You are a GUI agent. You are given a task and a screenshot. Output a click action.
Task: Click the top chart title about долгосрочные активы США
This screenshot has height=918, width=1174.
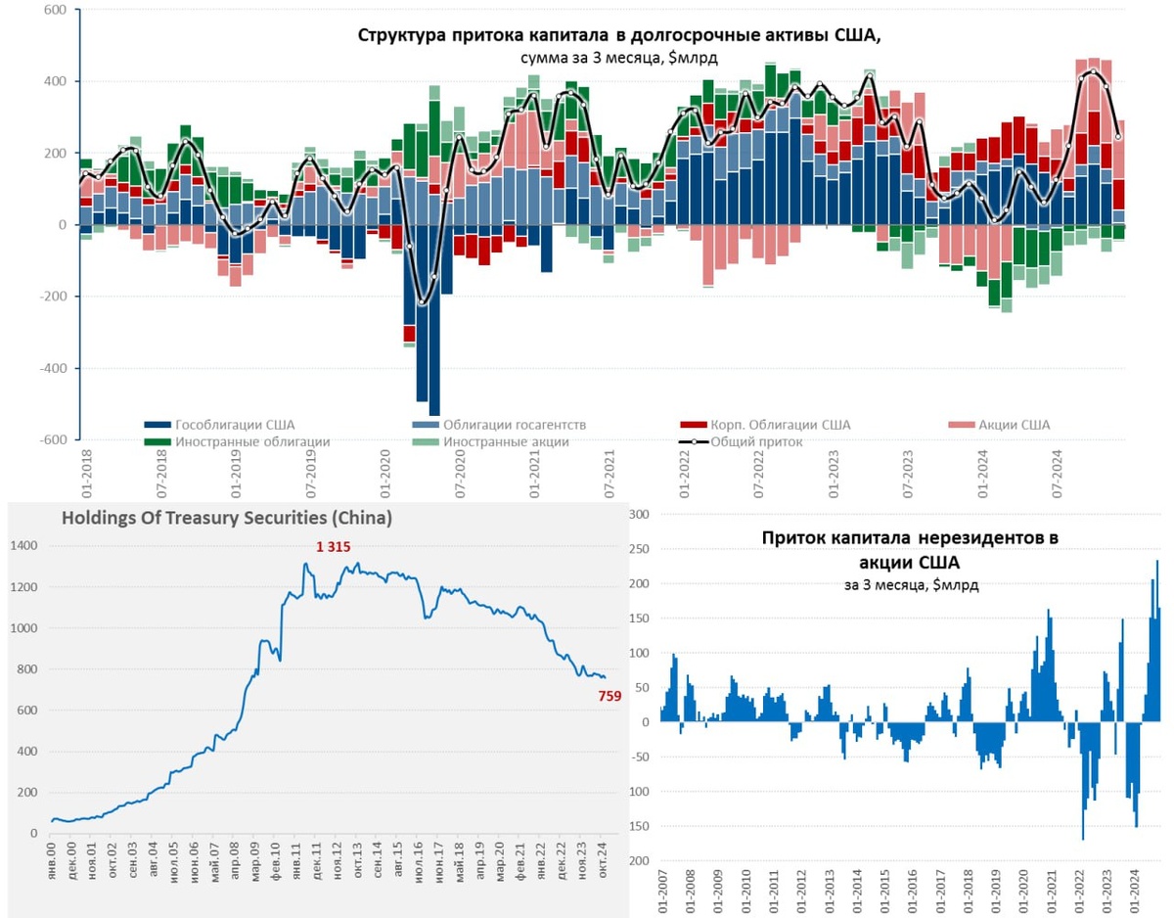[x=619, y=35]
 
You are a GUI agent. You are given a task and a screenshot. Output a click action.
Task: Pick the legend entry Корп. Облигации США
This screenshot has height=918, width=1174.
[x=779, y=425]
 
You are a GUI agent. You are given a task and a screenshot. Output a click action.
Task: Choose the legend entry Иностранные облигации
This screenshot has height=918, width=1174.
[x=251, y=441]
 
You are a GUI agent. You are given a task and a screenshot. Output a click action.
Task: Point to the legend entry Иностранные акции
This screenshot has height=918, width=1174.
[x=505, y=441]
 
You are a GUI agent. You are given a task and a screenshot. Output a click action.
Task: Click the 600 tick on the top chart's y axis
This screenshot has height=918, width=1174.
[x=54, y=10]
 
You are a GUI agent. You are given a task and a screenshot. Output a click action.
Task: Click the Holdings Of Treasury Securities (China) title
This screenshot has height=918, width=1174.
[x=227, y=519]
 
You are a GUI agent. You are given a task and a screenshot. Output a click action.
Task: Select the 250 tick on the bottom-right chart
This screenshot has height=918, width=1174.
[x=638, y=549]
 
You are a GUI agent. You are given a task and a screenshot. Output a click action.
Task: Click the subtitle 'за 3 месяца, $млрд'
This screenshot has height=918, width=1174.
[x=910, y=584]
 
